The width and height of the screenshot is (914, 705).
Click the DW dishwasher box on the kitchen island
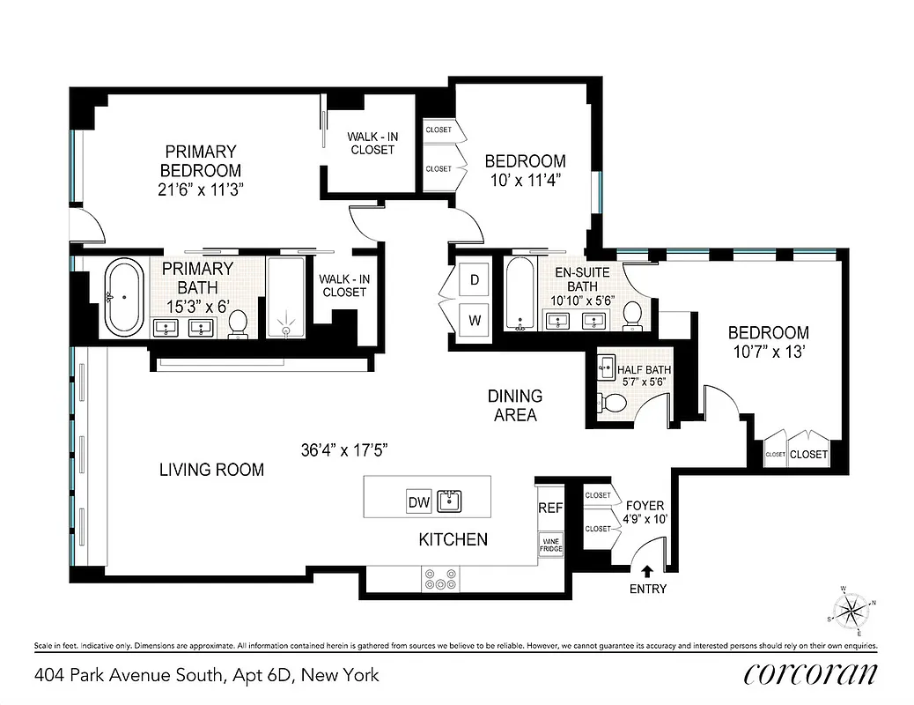coord(418,502)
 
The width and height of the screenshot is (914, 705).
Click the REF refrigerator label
coord(550,508)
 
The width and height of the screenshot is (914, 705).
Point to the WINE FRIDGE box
coord(550,545)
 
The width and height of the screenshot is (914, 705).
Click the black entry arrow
coord(648,571)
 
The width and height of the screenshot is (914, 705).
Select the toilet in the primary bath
coord(237,325)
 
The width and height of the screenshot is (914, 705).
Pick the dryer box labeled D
coord(474,280)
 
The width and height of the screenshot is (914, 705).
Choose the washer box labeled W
coord(474,320)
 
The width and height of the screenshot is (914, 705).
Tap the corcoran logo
coord(810,674)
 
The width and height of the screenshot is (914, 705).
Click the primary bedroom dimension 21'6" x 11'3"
coord(200,189)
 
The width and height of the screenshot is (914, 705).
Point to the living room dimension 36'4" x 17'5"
coord(344,449)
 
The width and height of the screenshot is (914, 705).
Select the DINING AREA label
coord(515,405)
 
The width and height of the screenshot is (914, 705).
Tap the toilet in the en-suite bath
coord(631,315)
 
